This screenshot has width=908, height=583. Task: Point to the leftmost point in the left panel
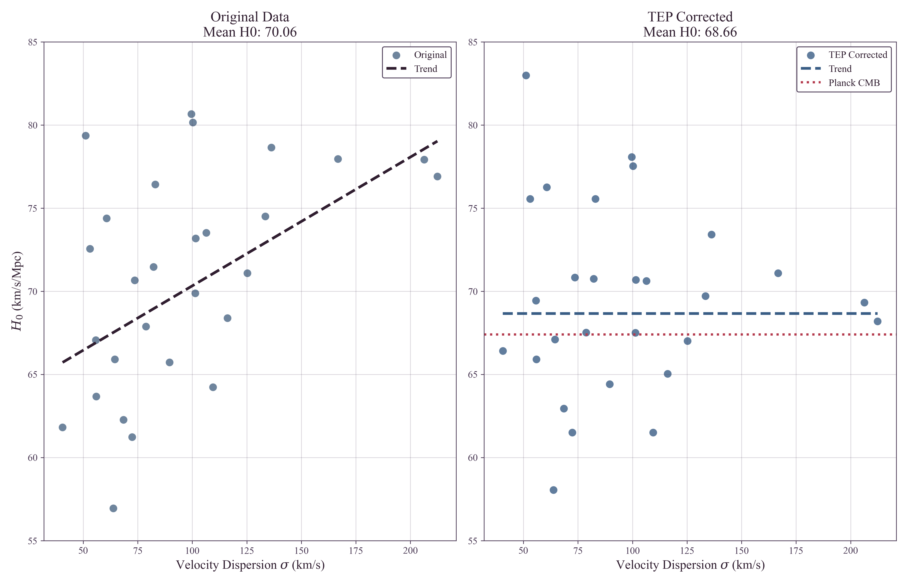pos(62,427)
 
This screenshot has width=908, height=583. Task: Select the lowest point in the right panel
pos(553,490)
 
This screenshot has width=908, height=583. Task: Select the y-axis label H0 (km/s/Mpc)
pos(17,291)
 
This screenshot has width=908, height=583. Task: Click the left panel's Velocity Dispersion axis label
pos(250,565)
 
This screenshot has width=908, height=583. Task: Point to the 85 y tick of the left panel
pos(33,42)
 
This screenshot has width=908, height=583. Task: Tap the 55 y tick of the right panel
pos(473,541)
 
